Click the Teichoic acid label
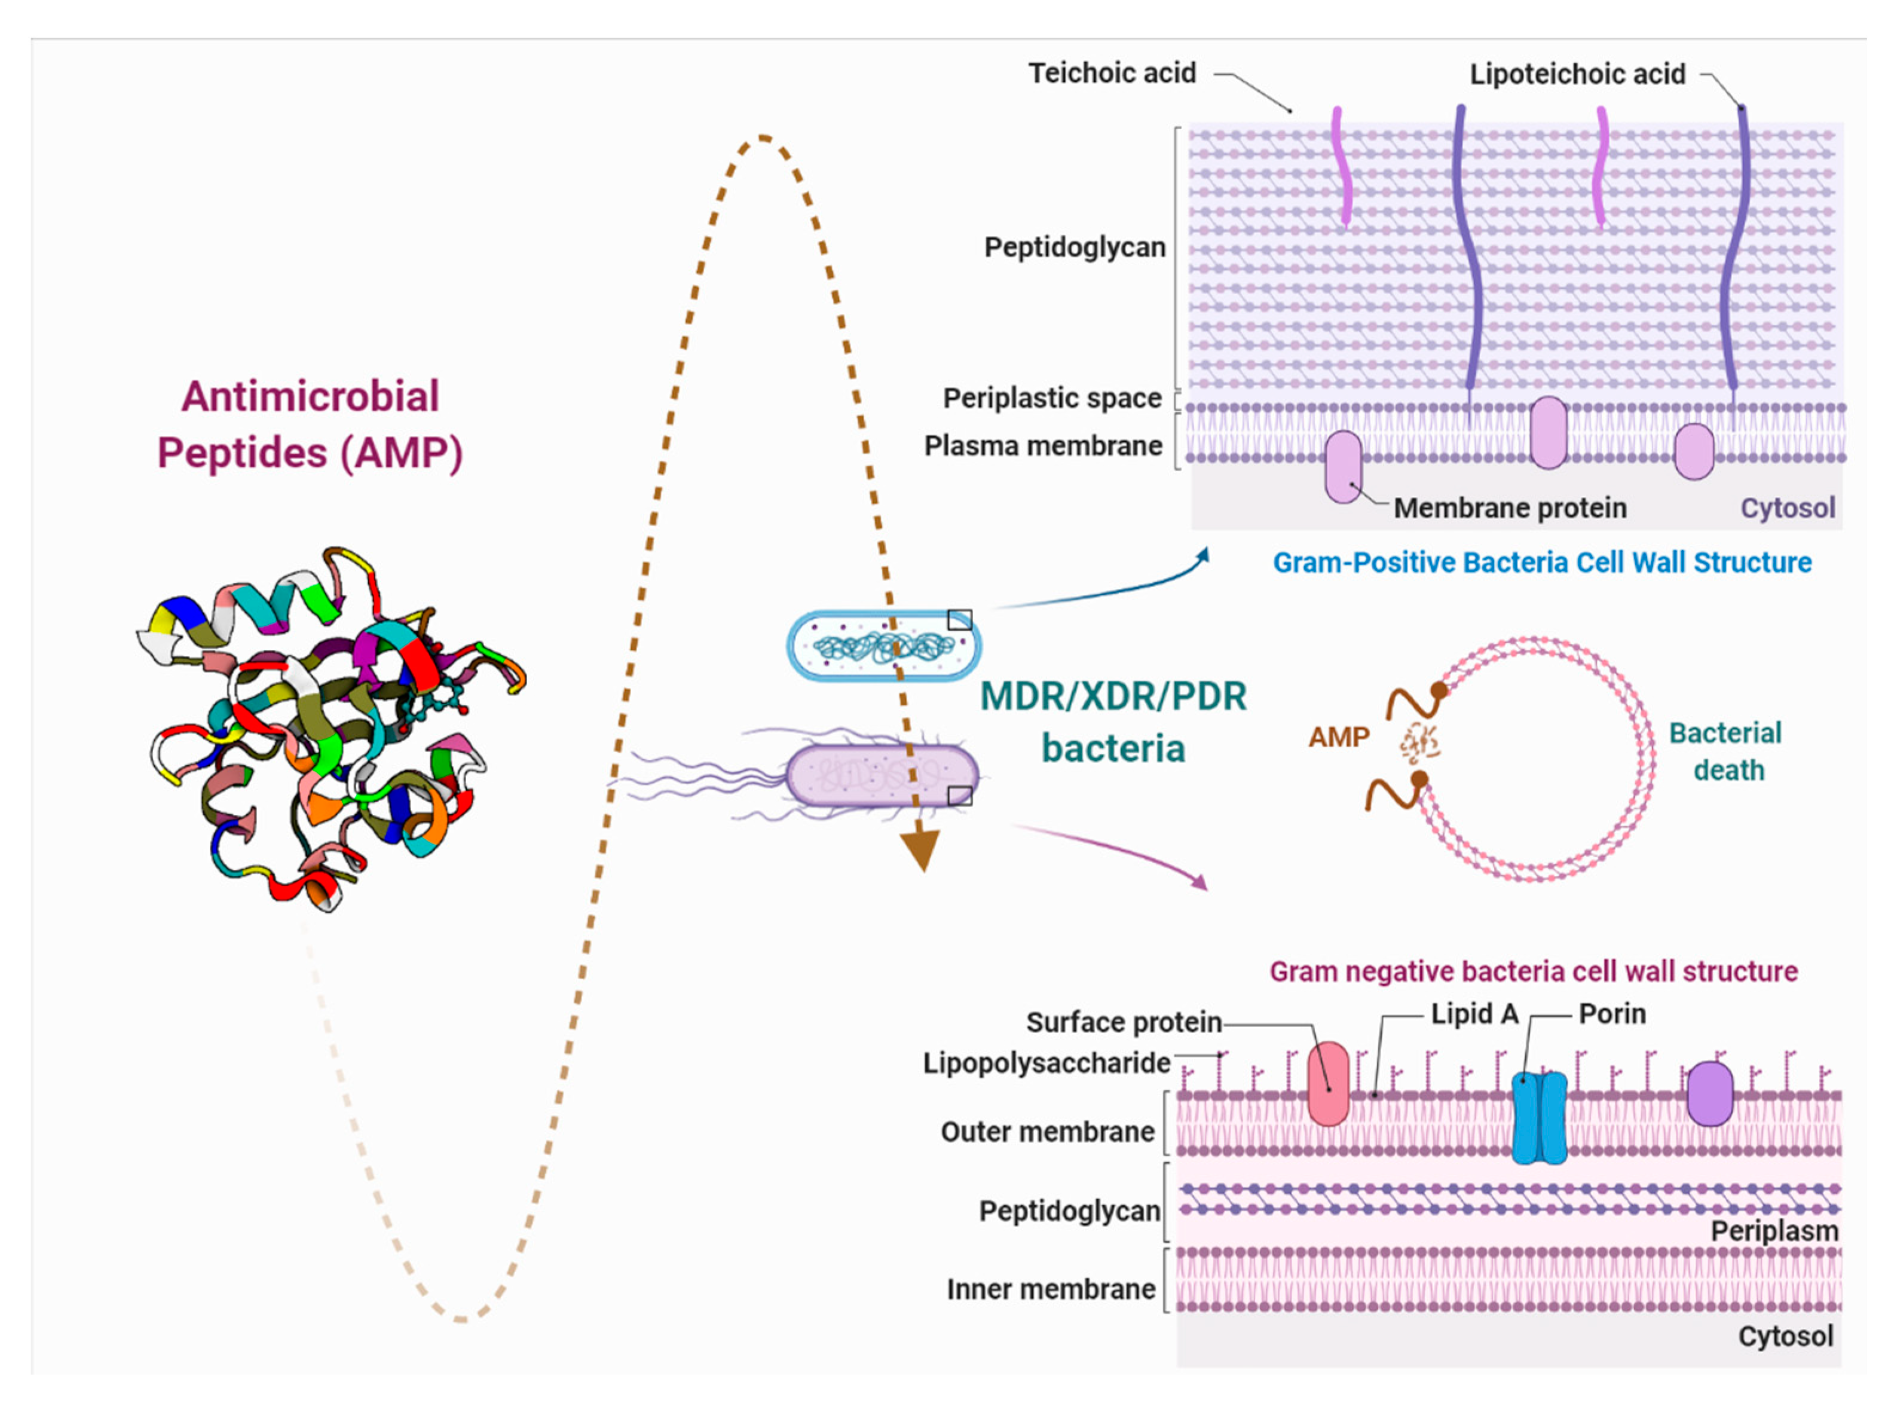(x=1111, y=74)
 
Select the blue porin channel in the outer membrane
(x=1538, y=1117)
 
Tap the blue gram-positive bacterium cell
(x=883, y=645)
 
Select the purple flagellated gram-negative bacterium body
(x=880, y=775)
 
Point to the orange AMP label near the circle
(x=1338, y=736)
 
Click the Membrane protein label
(x=1509, y=508)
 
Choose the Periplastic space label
(x=1051, y=398)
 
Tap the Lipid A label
(x=1474, y=1014)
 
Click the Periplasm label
(x=1773, y=1231)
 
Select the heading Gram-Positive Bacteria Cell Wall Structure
(x=1541, y=563)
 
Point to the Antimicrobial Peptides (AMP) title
(x=310, y=425)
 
